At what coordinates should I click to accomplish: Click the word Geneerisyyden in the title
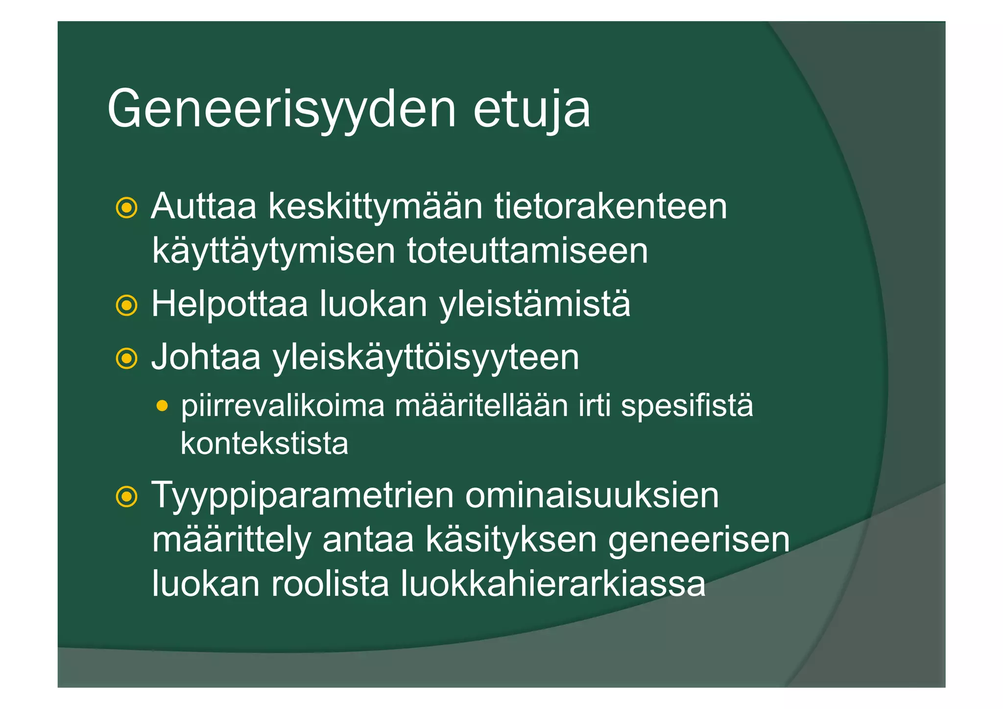pyautogui.click(x=282, y=110)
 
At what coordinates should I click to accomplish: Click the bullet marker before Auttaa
pyautogui.click(x=126, y=208)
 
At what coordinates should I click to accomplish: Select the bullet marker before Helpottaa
pyautogui.click(x=126, y=306)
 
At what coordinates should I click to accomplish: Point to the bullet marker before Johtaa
pyautogui.click(x=126, y=359)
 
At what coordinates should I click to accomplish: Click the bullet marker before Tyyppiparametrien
pyautogui.click(x=126, y=497)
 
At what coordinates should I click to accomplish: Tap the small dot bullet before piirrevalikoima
pyautogui.click(x=162, y=406)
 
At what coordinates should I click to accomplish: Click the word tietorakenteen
pyautogui.click(x=610, y=207)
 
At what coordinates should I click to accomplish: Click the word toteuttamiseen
pyautogui.click(x=527, y=251)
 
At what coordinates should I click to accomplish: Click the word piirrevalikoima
pyautogui.click(x=283, y=407)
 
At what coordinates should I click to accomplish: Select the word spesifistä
pyautogui.click(x=687, y=407)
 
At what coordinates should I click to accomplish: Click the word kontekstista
pyautogui.click(x=264, y=444)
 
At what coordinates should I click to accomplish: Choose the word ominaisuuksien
pyautogui.click(x=592, y=496)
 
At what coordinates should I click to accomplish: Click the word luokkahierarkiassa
pyautogui.click(x=553, y=584)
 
